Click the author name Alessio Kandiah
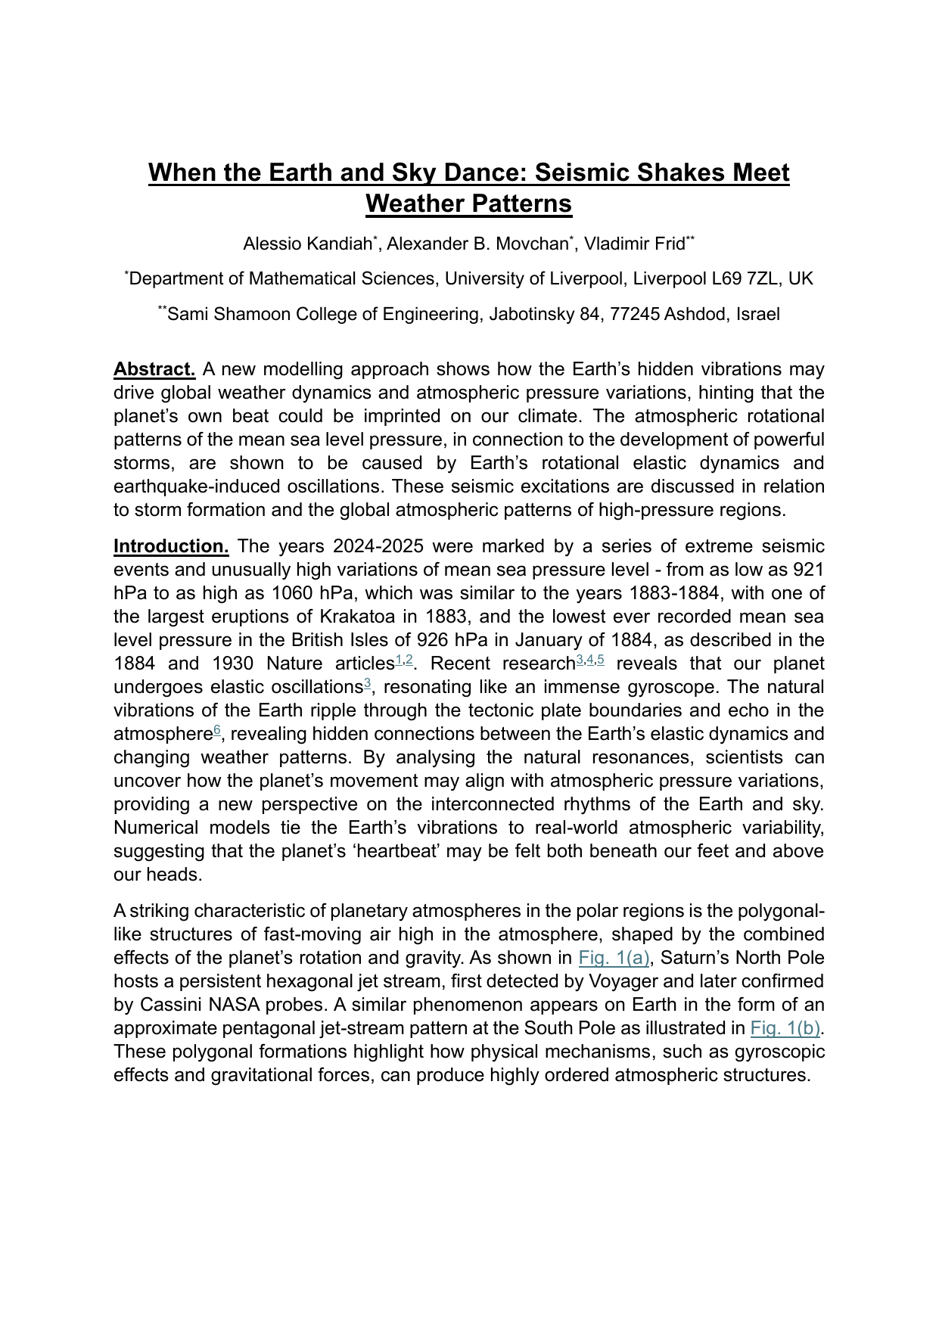[307, 244]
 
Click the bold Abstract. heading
[154, 369]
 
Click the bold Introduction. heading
[171, 546]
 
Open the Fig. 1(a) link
[614, 958]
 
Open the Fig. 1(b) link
[785, 1028]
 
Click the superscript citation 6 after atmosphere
[216, 730]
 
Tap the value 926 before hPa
[432, 640]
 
